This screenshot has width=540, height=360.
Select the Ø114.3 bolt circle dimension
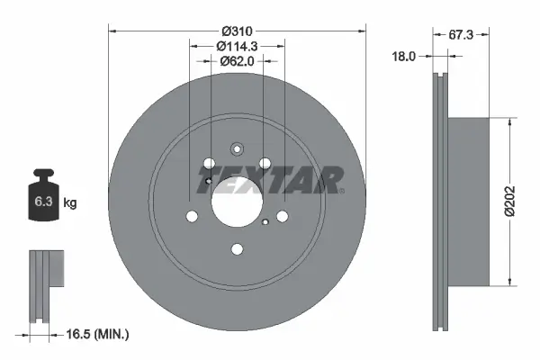click(x=238, y=45)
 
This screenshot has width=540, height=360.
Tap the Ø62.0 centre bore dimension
click(x=238, y=61)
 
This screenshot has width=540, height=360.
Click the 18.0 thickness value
click(x=403, y=56)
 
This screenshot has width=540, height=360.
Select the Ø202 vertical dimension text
click(x=510, y=196)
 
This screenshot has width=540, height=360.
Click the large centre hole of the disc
click(x=237, y=203)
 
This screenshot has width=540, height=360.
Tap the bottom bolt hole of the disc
click(x=237, y=250)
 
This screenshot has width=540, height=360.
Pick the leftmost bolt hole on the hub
click(x=193, y=216)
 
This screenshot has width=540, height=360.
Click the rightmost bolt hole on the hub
click(x=282, y=216)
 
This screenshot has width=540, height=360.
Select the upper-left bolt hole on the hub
click(x=210, y=164)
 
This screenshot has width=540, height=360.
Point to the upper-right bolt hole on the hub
click(x=265, y=164)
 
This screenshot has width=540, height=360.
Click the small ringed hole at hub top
click(x=237, y=150)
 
